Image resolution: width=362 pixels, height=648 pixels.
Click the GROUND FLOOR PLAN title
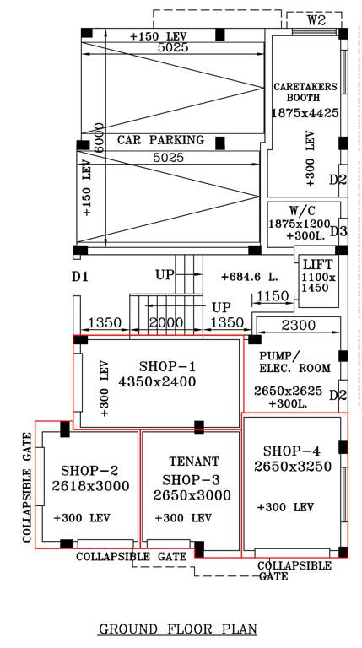[x=177, y=629]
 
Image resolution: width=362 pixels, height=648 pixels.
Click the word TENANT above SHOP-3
[x=193, y=462]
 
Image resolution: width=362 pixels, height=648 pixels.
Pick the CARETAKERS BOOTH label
[x=305, y=92]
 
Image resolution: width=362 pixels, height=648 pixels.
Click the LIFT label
[x=317, y=265]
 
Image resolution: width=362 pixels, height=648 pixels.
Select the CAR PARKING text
[x=160, y=139]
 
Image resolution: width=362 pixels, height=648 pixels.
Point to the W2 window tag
[x=316, y=19]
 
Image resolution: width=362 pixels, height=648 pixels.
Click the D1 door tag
[x=80, y=276]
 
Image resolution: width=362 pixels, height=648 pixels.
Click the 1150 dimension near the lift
[x=273, y=296]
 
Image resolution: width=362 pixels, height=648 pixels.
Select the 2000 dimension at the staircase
[x=166, y=324]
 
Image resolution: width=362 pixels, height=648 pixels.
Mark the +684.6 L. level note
[x=250, y=277]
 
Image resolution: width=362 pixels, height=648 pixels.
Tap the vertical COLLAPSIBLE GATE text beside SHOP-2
[x=27, y=488]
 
